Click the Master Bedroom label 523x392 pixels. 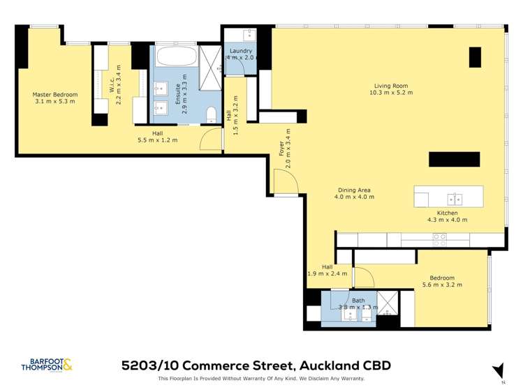54,94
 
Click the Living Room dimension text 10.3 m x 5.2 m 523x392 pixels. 391,92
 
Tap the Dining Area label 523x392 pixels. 354,190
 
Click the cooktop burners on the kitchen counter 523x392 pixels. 440,239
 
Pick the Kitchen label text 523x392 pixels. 447,213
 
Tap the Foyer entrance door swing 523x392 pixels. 286,183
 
